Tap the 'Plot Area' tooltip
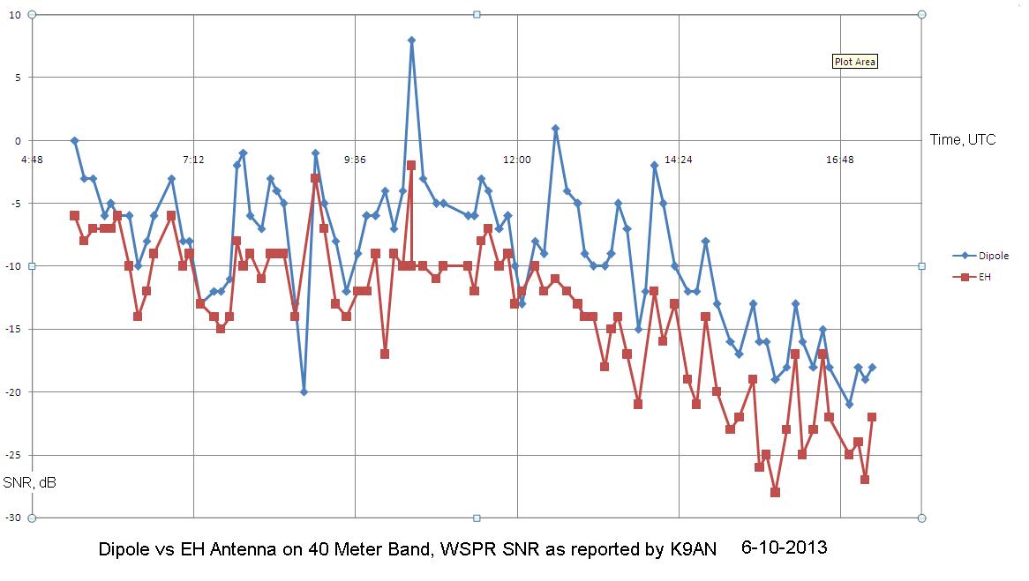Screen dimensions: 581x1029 tap(855, 62)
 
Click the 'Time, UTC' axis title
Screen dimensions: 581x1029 tap(963, 139)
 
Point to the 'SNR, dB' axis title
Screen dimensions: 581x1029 tap(29, 482)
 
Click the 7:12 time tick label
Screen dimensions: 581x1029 tap(193, 160)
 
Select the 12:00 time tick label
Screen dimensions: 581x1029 tap(516, 160)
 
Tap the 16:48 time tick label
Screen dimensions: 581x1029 tap(840, 160)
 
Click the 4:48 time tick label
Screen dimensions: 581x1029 tap(32, 160)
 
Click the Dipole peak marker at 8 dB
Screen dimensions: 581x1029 tap(411, 40)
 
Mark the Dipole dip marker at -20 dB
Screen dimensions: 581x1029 tap(304, 391)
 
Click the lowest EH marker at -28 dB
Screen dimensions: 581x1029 tap(775, 492)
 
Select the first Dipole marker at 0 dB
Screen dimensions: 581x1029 tap(74, 140)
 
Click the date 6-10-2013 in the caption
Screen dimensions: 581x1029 tap(785, 547)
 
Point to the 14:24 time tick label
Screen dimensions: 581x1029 tap(678, 160)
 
